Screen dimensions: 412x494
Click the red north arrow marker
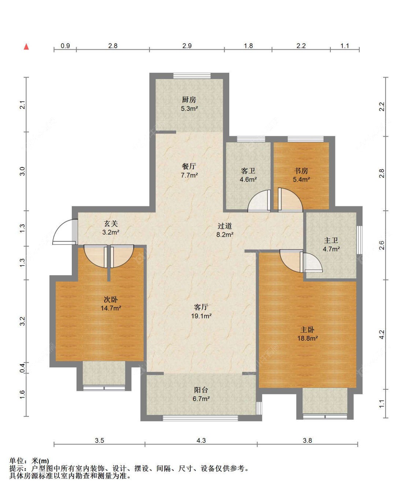pos(26,46)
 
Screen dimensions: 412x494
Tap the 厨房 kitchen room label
pos(189,100)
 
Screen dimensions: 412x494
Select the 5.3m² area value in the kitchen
pos(189,109)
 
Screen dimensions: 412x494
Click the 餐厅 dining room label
pos(189,166)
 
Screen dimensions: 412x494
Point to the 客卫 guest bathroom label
pos(248,171)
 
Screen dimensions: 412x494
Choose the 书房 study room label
pos(301,171)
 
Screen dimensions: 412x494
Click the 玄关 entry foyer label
pos(111,224)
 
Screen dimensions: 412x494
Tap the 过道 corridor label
pos(224,226)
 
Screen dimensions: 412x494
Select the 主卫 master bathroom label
pos(331,241)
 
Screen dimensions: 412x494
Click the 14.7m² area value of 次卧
pos(111,308)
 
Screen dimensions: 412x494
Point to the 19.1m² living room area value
pos(201,316)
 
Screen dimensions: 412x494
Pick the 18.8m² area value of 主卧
pos(307,338)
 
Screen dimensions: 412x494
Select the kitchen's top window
pos(192,76)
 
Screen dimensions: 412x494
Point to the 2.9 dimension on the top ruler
pos(187,46)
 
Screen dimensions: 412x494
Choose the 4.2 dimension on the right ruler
pos(382,334)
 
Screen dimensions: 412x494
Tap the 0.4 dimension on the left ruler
pos(22,368)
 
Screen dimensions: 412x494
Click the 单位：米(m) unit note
pos(29,461)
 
